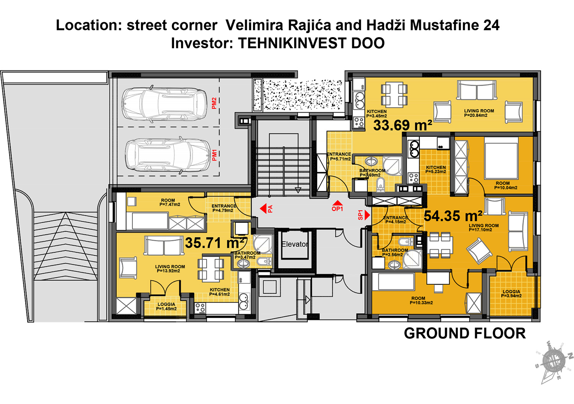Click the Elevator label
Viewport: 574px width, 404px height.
[x=294, y=244]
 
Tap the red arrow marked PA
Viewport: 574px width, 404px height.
[x=263, y=209]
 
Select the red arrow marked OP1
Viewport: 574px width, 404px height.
[x=338, y=203]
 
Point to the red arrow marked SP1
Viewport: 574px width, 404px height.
[x=367, y=215]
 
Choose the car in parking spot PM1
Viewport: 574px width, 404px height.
[x=168, y=155]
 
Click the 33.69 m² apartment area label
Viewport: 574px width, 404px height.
[x=403, y=125]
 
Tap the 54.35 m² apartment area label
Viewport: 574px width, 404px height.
[x=453, y=216]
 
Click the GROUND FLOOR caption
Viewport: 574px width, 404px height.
[x=465, y=334]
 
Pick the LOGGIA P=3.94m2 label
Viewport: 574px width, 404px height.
[x=511, y=294]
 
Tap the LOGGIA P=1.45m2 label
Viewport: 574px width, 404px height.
[x=166, y=306]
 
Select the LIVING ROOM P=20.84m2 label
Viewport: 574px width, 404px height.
[x=479, y=113]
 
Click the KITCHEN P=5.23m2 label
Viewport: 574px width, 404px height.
[x=436, y=170]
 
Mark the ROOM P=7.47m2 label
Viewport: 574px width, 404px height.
[x=168, y=202]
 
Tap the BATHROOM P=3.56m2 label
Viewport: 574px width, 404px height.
[x=395, y=252]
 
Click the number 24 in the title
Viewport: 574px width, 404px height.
[x=491, y=25]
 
